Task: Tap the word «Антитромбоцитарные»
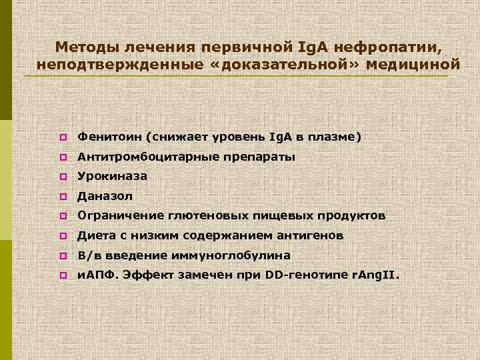point(139,157)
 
